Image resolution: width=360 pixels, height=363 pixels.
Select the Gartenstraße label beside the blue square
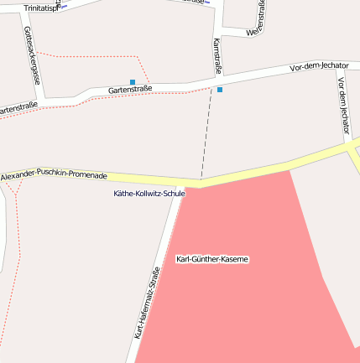point(130,90)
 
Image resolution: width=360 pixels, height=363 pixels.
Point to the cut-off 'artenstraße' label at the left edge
point(18,108)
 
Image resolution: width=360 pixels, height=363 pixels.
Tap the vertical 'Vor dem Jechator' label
point(342,105)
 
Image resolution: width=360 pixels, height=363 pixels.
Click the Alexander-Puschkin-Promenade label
point(54,176)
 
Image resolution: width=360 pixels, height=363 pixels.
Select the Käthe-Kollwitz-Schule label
point(149,194)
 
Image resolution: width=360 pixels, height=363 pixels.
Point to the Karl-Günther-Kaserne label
point(212,259)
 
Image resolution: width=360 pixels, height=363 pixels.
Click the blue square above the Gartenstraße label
point(133,82)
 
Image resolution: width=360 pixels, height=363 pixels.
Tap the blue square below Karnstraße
point(220,89)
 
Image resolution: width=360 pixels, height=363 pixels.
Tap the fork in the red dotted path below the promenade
point(15,194)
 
